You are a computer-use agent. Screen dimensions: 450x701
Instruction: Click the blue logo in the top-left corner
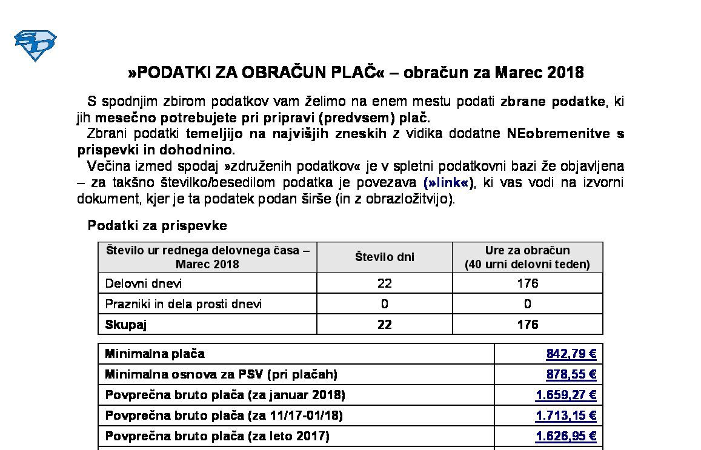pos(35,45)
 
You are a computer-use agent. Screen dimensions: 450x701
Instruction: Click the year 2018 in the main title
pos(565,73)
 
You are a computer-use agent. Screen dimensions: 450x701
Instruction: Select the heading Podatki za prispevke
pos(157,225)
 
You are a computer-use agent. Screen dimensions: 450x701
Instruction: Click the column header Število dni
pos(384,257)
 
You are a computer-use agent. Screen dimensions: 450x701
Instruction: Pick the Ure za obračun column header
pos(527,257)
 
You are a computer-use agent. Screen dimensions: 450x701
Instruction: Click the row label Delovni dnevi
pos(144,283)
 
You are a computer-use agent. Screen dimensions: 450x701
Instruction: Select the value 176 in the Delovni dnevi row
pos(527,283)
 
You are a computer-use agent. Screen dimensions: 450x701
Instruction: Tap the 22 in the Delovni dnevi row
pos(384,283)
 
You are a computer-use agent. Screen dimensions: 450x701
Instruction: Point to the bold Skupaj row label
pos(126,325)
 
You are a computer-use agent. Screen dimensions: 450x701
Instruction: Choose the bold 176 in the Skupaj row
pos(527,325)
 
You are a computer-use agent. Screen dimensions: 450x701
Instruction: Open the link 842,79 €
pos(571,354)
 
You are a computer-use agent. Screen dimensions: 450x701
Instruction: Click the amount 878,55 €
pos(571,374)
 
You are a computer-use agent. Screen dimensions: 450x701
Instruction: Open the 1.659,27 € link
pos(566,395)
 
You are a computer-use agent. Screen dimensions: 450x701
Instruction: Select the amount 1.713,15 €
pos(566,415)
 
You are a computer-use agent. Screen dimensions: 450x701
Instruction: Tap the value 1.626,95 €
pos(566,436)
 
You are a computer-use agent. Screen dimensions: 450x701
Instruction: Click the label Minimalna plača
pos(155,354)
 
